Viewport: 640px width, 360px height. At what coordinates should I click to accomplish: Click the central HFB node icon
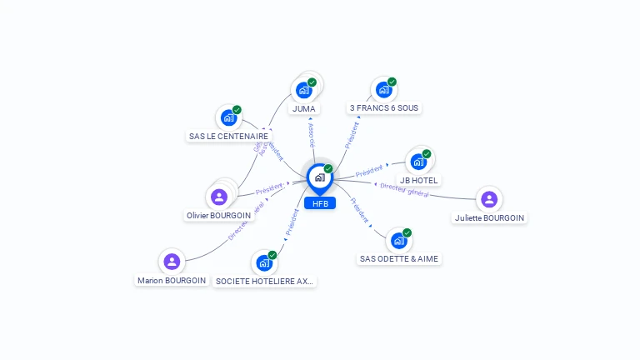(319, 177)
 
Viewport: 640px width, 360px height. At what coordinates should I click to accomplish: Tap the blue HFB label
(320, 203)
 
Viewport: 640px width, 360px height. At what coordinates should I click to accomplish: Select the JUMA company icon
(304, 90)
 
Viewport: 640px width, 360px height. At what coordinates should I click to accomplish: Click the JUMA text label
(304, 108)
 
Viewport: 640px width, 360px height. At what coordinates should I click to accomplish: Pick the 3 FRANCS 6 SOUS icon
(383, 89)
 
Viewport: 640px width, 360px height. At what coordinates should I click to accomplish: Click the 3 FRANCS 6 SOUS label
(385, 108)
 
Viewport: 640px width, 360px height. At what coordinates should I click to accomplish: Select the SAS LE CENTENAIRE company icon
(228, 117)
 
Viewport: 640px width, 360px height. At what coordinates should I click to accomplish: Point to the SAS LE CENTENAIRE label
(228, 136)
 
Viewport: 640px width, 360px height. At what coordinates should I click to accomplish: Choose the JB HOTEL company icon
(418, 162)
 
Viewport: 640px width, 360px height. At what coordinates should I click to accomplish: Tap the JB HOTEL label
(418, 180)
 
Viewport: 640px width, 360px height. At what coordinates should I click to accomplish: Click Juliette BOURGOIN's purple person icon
(489, 199)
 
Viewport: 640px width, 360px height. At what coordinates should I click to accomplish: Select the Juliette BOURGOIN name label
(489, 217)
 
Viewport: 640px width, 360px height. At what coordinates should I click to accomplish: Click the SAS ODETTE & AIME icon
(399, 241)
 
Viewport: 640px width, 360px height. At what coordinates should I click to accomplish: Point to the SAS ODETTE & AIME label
(399, 259)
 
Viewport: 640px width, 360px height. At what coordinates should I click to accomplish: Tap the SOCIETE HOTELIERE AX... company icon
(264, 262)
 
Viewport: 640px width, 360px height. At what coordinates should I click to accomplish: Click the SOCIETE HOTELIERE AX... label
(264, 282)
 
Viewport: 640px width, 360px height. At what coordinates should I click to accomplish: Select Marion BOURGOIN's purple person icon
(172, 262)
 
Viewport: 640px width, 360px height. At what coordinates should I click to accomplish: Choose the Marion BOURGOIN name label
(172, 281)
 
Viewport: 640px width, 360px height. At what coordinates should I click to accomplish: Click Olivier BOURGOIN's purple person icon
(219, 197)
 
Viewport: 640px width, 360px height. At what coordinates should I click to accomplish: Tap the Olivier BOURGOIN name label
(217, 215)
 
